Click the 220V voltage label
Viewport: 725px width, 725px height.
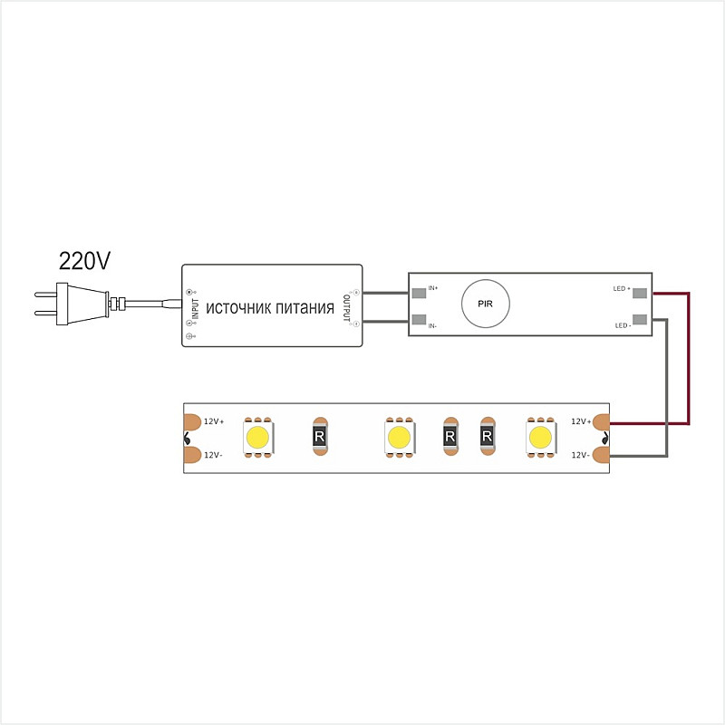[x=84, y=261]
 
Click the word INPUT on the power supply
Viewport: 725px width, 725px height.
[x=195, y=308]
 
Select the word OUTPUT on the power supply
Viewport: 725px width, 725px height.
[x=346, y=308]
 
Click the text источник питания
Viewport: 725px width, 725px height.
[x=270, y=308]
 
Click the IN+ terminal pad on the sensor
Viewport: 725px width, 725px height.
[x=419, y=293]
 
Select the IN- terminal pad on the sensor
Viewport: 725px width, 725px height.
[x=419, y=320]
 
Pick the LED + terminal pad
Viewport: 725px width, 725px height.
[x=640, y=293]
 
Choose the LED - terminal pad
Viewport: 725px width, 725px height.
[x=640, y=320]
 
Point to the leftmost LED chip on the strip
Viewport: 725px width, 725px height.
[x=258, y=437]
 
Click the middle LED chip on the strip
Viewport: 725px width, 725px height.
[x=400, y=437]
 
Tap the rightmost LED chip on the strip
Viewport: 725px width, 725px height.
[x=540, y=437]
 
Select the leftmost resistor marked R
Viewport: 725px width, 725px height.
[x=320, y=436]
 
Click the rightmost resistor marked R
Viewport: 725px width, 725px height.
[x=488, y=436]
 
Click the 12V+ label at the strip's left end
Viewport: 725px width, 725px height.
[x=214, y=421]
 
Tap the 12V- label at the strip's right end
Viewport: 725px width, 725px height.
[x=580, y=455]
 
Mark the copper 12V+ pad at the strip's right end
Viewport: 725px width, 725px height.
[x=601, y=422]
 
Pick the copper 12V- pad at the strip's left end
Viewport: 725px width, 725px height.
[x=192, y=455]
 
